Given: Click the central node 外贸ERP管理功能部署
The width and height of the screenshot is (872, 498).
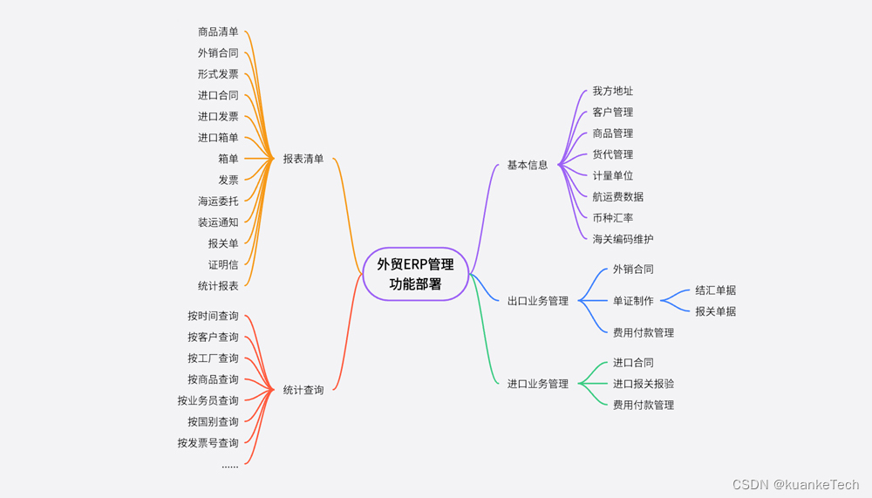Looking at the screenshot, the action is (415, 274).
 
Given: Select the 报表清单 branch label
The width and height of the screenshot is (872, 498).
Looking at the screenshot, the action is (303, 159).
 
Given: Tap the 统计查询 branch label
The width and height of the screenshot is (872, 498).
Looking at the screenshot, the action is (303, 390).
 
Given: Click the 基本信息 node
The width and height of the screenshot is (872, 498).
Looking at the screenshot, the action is (528, 165).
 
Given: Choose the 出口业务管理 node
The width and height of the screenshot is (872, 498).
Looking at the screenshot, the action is (537, 301).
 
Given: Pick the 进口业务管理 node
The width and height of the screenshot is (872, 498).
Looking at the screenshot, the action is (537, 384).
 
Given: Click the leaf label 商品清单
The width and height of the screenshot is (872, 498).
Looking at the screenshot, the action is (218, 32).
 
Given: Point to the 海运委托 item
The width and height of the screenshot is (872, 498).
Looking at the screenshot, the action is (218, 201).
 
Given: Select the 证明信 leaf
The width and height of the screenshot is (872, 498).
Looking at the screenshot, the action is (223, 265).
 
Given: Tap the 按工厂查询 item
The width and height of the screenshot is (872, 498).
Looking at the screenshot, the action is (213, 358).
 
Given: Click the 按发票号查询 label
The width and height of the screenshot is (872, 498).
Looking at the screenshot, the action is (208, 443).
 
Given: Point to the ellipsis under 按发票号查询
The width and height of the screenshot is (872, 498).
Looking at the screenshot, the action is (229, 466).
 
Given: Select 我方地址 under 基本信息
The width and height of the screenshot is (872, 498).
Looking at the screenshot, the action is (613, 92).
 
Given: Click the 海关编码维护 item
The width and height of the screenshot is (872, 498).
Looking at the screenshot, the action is (623, 239).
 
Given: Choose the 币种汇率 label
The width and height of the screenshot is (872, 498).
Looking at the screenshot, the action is (613, 218).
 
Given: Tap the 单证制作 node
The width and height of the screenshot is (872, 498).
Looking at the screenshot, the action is (633, 301).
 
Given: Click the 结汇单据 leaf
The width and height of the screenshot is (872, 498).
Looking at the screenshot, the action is (716, 290).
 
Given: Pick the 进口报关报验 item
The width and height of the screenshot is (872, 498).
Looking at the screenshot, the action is (644, 384).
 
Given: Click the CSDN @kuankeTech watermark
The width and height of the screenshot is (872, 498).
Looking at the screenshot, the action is (795, 485).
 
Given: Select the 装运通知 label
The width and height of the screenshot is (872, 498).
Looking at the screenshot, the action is (218, 222).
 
